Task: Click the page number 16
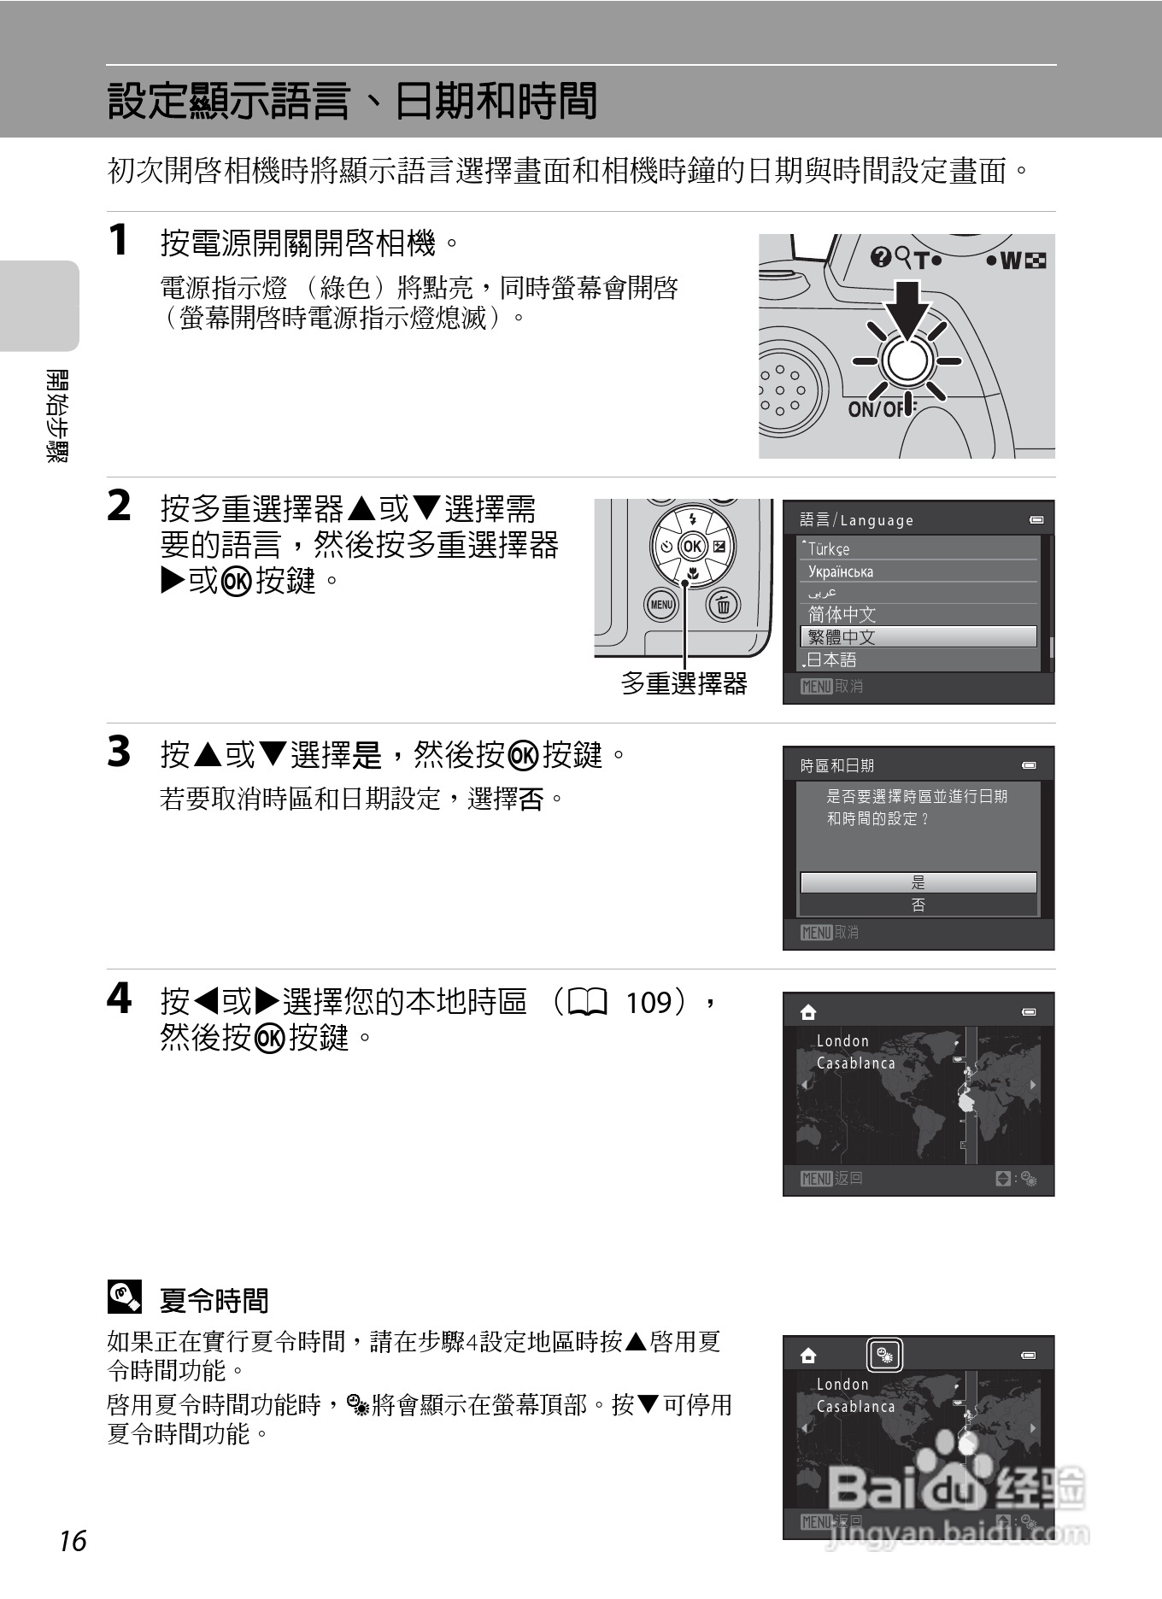coord(73,1541)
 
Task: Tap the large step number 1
coord(119,239)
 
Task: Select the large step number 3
coord(119,752)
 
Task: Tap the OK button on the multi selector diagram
coord(692,547)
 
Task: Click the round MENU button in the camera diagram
coord(660,605)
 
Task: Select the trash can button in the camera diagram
coord(723,605)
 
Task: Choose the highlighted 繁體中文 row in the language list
coord(918,636)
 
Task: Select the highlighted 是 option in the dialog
coord(918,882)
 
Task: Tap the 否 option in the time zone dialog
coord(918,905)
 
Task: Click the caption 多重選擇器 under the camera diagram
coord(684,683)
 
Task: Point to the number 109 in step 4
coord(649,1002)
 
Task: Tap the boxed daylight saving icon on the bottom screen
coord(885,1355)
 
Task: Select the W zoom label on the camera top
coord(1010,261)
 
